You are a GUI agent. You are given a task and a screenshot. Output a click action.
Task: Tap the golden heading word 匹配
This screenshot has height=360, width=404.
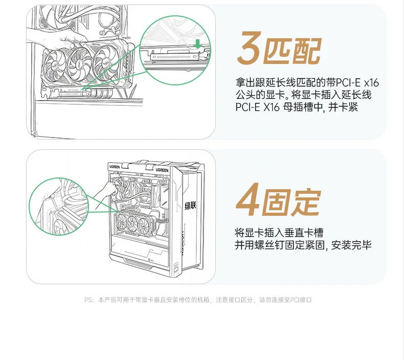pos(292,50)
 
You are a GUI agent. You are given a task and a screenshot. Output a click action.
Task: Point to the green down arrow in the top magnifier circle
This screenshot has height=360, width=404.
pos(197,45)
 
